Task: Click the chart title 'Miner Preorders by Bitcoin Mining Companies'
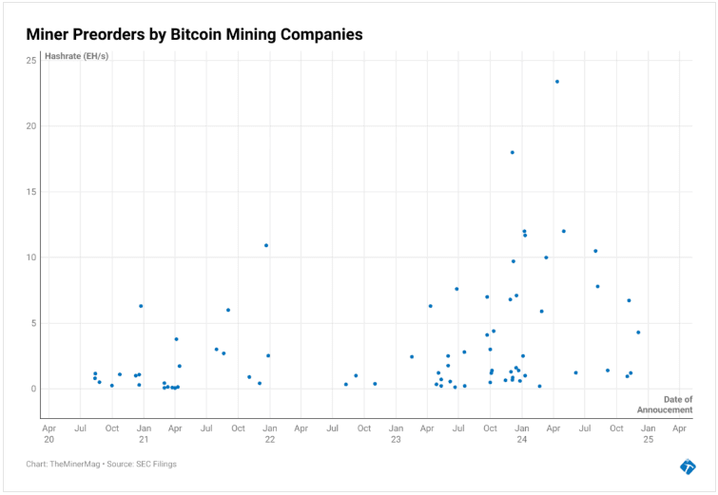point(195,34)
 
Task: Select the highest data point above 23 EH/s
point(557,82)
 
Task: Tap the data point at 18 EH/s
point(513,152)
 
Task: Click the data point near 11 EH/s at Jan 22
point(266,245)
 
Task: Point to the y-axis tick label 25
point(31,61)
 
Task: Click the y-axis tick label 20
point(31,126)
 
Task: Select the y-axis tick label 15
point(31,192)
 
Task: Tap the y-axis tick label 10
point(31,257)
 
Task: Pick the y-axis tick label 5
point(33,323)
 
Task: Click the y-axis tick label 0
point(33,389)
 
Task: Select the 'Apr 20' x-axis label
point(49,434)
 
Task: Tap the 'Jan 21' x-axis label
point(144,434)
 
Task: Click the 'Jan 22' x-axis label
point(270,434)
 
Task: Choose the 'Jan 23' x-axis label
point(396,434)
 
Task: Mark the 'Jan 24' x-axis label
point(522,434)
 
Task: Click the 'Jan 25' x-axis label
point(648,434)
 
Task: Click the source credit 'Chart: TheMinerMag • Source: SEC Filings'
point(102,465)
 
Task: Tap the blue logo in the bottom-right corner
point(688,466)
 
